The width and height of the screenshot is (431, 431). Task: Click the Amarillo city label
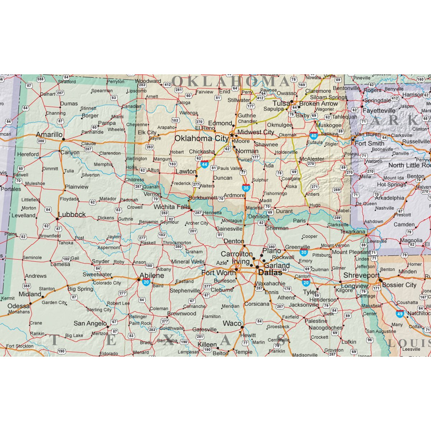[49, 135]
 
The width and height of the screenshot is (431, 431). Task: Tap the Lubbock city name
[72, 214]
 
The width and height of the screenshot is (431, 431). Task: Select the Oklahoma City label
[201, 138]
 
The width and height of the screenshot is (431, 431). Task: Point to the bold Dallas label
[270, 273]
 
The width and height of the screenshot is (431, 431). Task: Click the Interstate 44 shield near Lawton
[204, 164]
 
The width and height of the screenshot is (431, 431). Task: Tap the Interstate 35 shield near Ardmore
[246, 187]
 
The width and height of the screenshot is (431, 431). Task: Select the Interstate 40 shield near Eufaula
[313, 136]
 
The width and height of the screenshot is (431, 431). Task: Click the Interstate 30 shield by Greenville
[303, 252]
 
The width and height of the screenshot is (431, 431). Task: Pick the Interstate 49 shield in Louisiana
[400, 314]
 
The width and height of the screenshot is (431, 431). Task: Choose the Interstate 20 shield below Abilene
[146, 282]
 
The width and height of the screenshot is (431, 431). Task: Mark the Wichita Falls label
[172, 207]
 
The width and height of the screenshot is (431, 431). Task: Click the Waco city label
[232, 323]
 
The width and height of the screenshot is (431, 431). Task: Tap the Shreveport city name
[361, 275]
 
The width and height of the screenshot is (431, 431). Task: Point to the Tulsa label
[281, 103]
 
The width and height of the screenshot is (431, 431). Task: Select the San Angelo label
[90, 323]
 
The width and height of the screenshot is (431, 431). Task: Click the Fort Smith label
[369, 143]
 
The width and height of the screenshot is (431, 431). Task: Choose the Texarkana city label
[352, 232]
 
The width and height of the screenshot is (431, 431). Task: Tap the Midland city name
[30, 294]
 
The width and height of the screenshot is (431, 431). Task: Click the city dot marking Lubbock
[57, 218]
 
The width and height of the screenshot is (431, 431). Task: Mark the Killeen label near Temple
[207, 344]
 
